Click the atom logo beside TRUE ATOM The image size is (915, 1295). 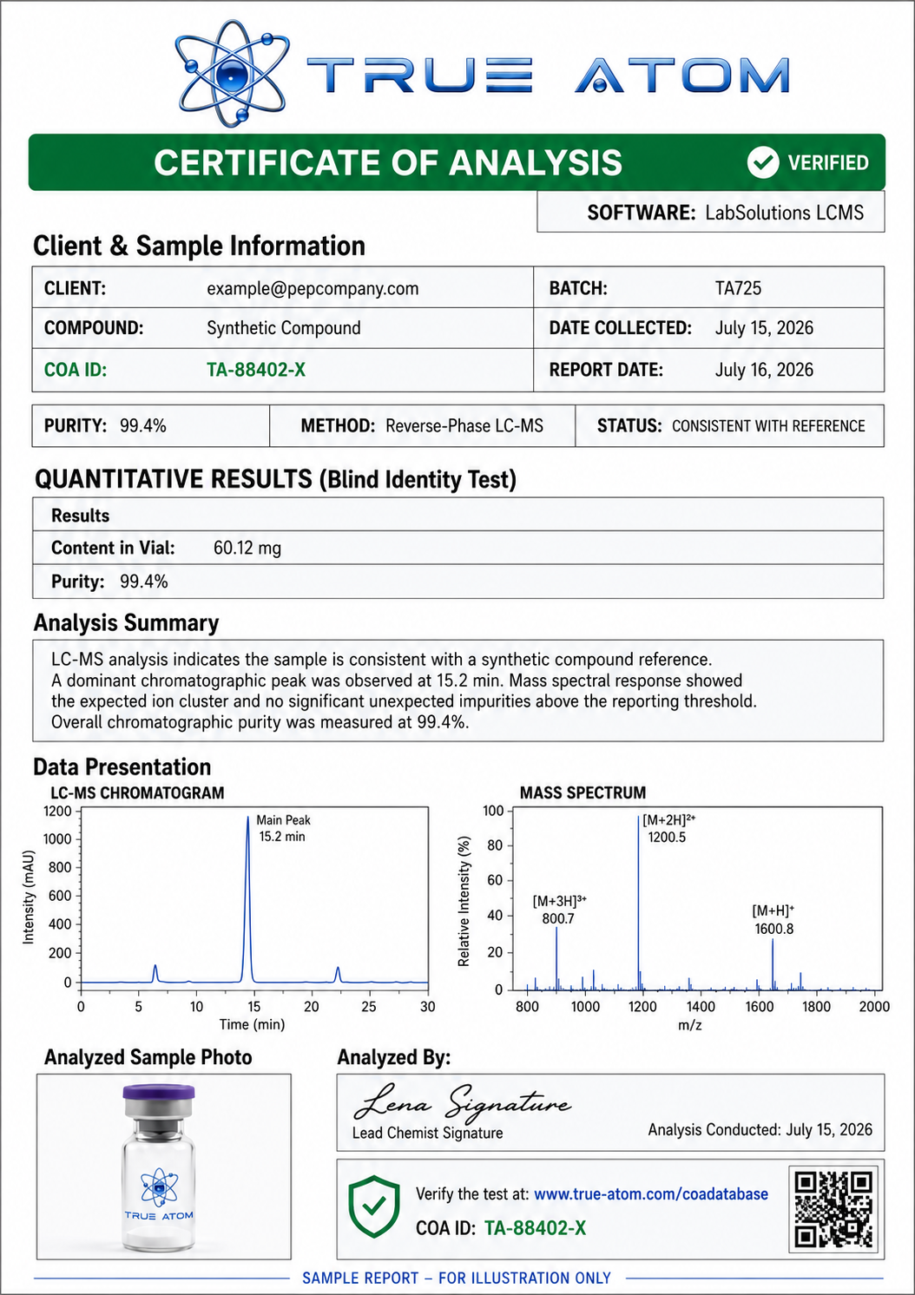tap(232, 74)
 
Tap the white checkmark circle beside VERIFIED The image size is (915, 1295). tap(763, 162)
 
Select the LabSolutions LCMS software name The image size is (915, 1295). tap(784, 213)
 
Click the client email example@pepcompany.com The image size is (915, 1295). tap(313, 288)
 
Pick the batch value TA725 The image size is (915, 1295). tap(738, 288)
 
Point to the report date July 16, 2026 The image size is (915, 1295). tap(764, 370)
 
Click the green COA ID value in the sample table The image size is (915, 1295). tap(255, 370)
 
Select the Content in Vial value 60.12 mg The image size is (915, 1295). tap(247, 548)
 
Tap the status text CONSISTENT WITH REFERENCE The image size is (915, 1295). tap(768, 426)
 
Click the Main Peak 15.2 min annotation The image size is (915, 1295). tap(283, 828)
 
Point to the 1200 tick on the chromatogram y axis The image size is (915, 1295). tap(57, 811)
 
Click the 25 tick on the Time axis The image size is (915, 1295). tap(368, 1007)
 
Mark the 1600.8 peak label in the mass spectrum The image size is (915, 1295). tap(773, 929)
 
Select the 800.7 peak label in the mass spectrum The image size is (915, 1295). tap(558, 918)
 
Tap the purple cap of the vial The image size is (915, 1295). tap(159, 1092)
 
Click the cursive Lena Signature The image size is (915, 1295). tap(462, 1103)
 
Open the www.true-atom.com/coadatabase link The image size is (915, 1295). tap(651, 1193)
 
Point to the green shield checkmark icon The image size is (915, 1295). tap(373, 1206)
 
